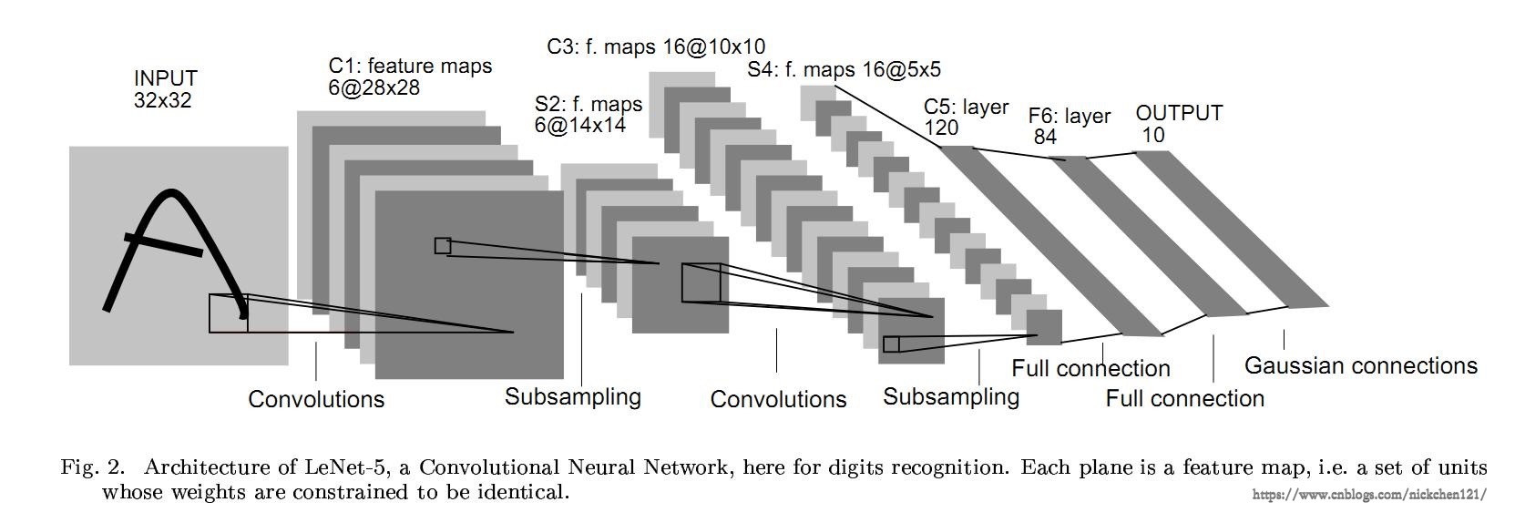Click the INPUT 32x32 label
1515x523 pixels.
[165, 89]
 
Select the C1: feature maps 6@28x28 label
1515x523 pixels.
[409, 77]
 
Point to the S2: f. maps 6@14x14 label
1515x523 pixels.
[588, 115]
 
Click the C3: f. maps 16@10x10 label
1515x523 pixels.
[656, 46]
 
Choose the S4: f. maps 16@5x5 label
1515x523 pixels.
[844, 69]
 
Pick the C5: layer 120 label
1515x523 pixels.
[966, 118]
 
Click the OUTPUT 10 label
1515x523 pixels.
[1178, 124]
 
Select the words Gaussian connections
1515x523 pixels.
[1360, 366]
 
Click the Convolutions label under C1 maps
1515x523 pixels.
[316, 399]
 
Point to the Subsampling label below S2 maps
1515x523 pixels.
[572, 396]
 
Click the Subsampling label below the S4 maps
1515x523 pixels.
[950, 396]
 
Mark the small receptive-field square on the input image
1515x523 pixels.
[228, 313]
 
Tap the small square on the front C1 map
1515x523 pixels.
[443, 245]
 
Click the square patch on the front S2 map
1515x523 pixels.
[701, 282]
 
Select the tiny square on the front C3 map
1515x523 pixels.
[891, 344]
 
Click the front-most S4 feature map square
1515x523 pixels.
[1044, 327]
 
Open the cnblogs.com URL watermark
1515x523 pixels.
[1369, 495]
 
